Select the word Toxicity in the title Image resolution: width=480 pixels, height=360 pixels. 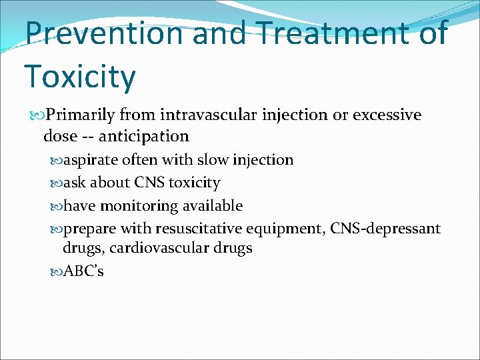point(80,76)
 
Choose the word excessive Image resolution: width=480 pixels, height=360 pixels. point(387,115)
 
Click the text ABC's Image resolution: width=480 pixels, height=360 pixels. point(83,271)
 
